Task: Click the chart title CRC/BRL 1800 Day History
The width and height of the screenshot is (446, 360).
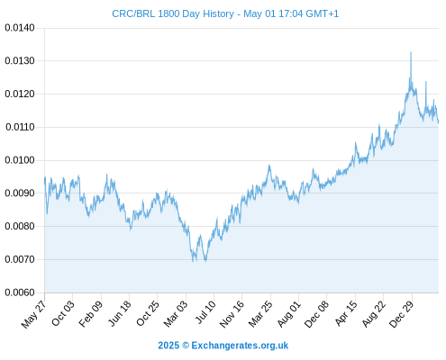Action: click(x=173, y=13)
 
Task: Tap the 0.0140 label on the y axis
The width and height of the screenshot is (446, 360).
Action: click(x=20, y=28)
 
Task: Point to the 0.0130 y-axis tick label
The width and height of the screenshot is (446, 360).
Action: click(x=20, y=61)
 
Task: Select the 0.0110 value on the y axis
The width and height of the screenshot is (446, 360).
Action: click(x=20, y=127)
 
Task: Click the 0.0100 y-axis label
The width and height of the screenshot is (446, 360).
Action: click(x=20, y=160)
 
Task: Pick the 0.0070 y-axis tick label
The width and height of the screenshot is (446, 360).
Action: click(x=20, y=259)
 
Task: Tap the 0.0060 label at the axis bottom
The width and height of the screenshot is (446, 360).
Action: click(x=20, y=292)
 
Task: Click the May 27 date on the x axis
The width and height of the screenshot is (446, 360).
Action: click(x=33, y=314)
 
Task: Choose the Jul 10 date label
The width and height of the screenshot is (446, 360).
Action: click(x=205, y=312)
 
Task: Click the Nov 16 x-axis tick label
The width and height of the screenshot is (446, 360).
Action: click(x=232, y=314)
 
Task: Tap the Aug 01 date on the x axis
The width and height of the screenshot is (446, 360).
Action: click(x=288, y=314)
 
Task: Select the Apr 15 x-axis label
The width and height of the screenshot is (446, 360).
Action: click(x=346, y=313)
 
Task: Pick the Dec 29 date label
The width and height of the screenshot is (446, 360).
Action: click(x=402, y=314)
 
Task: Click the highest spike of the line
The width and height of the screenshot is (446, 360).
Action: click(x=411, y=52)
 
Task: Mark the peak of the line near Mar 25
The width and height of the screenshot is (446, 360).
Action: click(x=269, y=166)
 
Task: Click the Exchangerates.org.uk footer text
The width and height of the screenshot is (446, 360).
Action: click(x=240, y=346)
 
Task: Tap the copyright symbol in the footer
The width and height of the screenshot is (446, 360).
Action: click(x=186, y=346)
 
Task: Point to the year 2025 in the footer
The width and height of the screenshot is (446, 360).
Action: click(x=168, y=346)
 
